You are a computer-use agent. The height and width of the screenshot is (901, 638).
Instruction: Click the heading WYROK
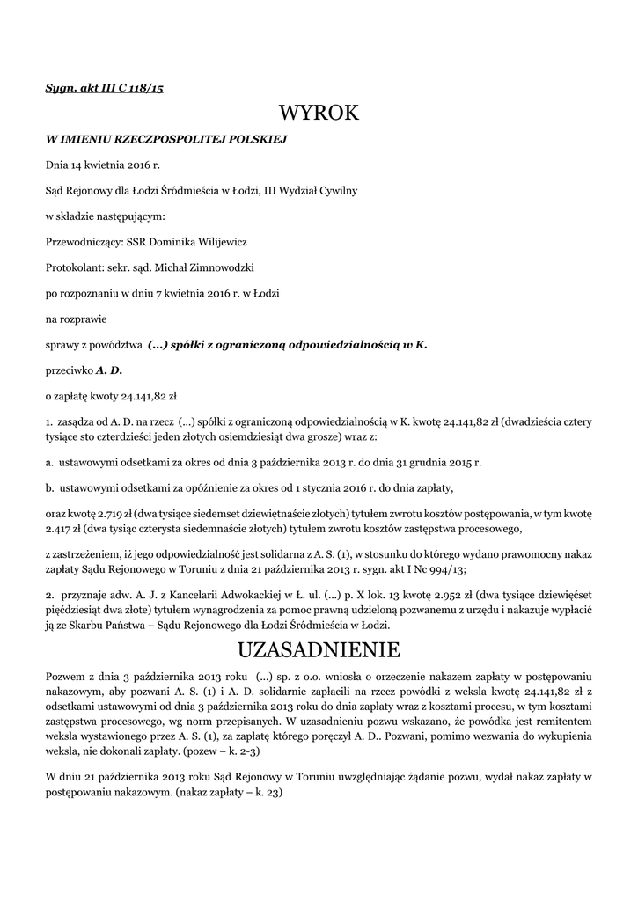(x=319, y=114)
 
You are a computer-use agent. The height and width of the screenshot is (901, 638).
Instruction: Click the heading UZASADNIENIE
(x=319, y=650)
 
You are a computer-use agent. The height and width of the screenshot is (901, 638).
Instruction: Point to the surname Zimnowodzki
(x=216, y=265)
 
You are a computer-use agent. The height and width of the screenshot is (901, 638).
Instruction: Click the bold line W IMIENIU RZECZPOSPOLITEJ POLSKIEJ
(x=166, y=139)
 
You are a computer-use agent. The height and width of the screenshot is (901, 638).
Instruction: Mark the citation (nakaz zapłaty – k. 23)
(x=228, y=793)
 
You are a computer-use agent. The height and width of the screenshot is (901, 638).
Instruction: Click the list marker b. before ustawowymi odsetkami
(x=49, y=487)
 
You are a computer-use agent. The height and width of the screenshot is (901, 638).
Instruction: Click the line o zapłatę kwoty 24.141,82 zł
(x=111, y=396)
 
